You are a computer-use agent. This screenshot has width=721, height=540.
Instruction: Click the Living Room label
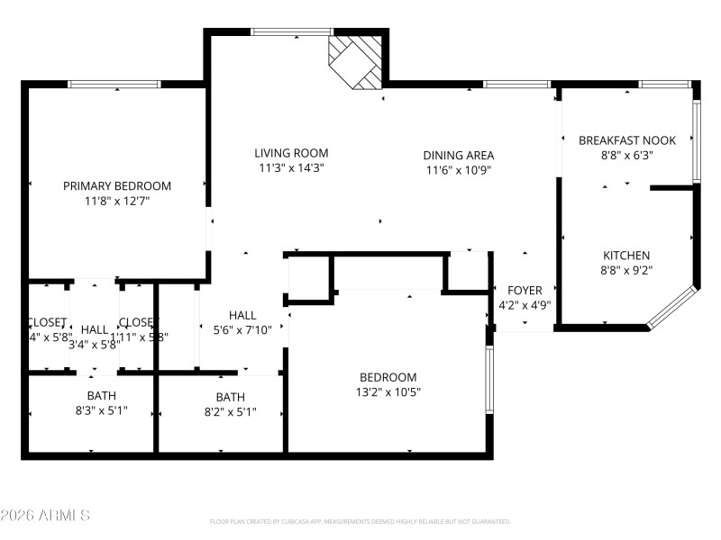coord(291,153)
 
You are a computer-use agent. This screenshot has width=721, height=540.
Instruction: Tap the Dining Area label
coord(459,155)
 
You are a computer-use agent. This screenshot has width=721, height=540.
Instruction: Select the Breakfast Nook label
coord(627,140)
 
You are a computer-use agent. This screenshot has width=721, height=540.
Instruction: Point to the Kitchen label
coord(625,256)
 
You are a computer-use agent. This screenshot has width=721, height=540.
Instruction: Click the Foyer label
coord(525,291)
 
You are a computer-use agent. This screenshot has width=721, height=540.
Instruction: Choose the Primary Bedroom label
coord(117,186)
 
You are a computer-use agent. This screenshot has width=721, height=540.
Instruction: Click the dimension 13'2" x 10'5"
coord(388,391)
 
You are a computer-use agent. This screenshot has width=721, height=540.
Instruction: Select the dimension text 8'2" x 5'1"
coord(230,411)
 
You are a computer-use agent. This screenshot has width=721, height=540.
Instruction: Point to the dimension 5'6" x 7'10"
coord(242,329)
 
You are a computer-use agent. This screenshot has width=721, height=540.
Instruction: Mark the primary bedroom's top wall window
coord(114,85)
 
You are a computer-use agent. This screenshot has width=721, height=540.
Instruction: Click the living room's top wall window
coord(289,32)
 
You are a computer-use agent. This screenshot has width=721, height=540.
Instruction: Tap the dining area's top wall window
coord(516,85)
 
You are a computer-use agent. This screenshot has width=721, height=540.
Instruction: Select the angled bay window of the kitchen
coord(672,307)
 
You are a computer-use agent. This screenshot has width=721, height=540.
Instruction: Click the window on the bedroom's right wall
coord(489,380)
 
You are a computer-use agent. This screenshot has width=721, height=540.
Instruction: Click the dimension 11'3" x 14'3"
coord(291,167)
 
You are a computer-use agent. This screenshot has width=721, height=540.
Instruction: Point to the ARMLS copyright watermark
coord(45,516)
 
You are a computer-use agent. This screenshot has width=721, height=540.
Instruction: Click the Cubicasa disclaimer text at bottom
coord(360,522)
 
